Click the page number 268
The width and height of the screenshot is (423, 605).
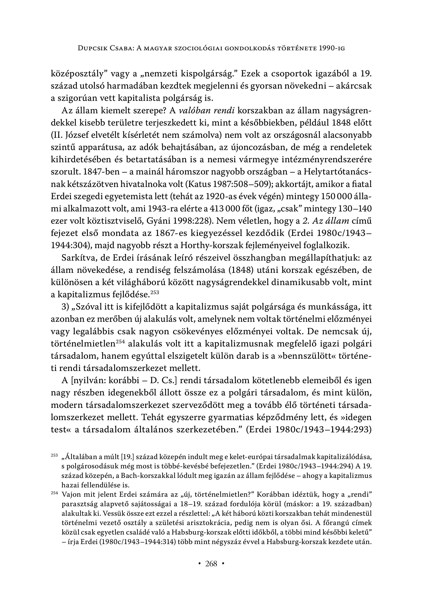pos(211,564)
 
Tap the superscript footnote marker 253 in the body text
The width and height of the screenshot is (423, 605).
pos(155,292)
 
